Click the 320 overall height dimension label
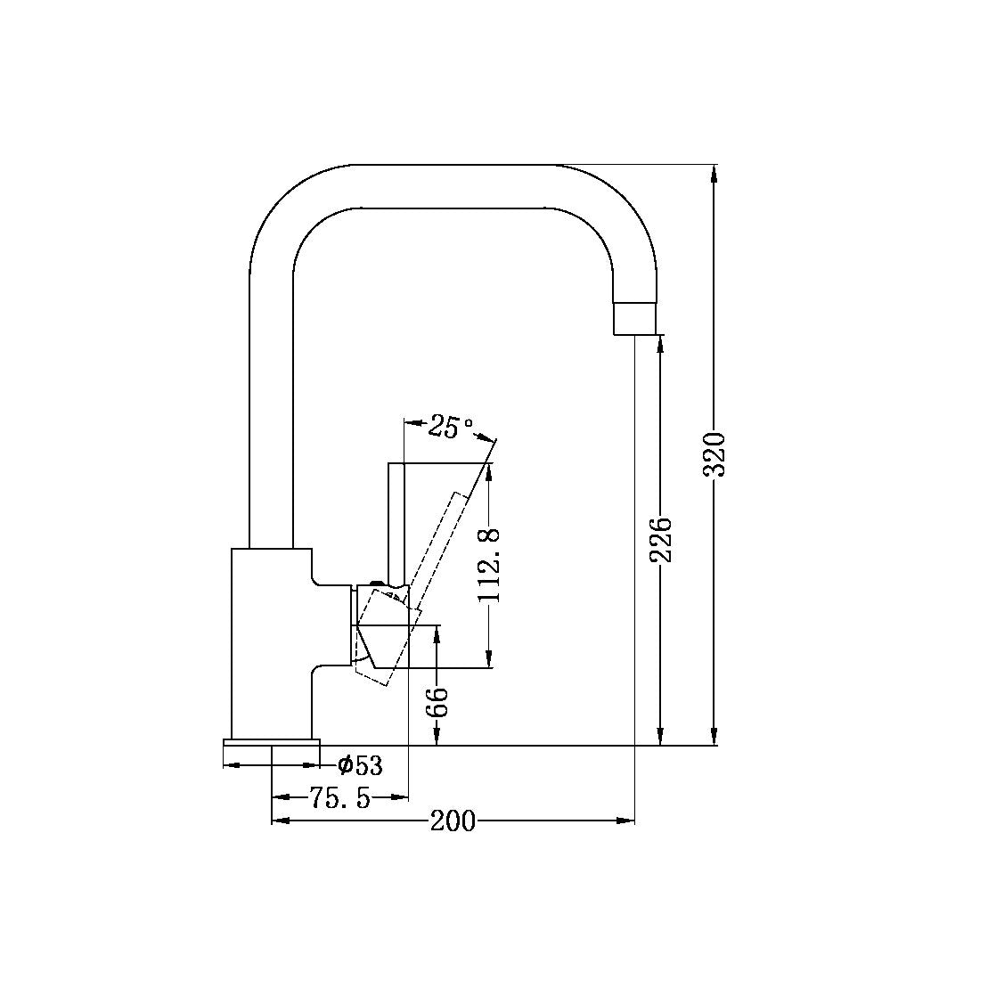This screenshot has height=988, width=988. click(x=715, y=453)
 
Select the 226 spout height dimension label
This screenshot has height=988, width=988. click(x=660, y=540)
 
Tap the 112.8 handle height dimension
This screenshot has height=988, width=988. click(x=490, y=565)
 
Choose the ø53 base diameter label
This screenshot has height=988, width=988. click(x=360, y=764)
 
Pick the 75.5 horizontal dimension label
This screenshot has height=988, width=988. click(x=339, y=797)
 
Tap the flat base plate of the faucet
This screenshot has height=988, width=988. click(x=271, y=742)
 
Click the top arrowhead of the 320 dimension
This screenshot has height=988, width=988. click(x=714, y=174)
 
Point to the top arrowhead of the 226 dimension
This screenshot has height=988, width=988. click(x=660, y=346)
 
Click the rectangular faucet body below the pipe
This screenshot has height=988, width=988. click(x=270, y=641)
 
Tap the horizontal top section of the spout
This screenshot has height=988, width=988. click(x=454, y=186)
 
